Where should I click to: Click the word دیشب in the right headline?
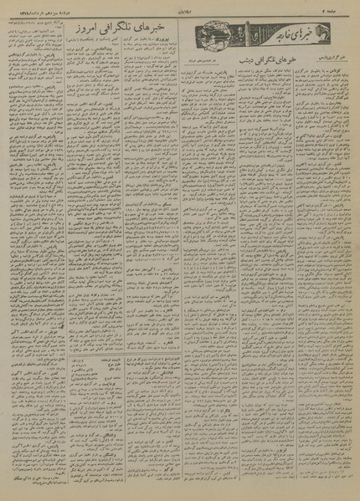coord(250,61)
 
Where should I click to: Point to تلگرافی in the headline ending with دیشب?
coord(274,61)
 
